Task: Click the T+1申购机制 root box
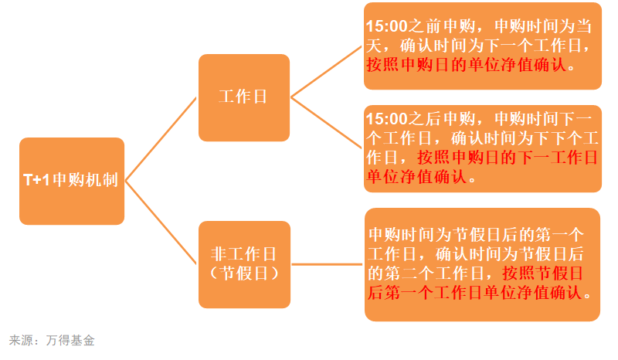coord(72,181)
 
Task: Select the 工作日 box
coord(244,97)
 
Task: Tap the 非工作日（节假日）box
coord(244,264)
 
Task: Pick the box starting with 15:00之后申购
coord(481,148)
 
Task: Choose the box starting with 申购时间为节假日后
coord(482,264)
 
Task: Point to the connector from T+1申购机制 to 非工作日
coord(161,222)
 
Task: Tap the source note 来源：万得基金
coord(52,340)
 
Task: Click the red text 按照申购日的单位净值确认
coord(467,66)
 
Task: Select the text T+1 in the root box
coord(36,181)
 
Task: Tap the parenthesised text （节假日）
coord(244,274)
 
